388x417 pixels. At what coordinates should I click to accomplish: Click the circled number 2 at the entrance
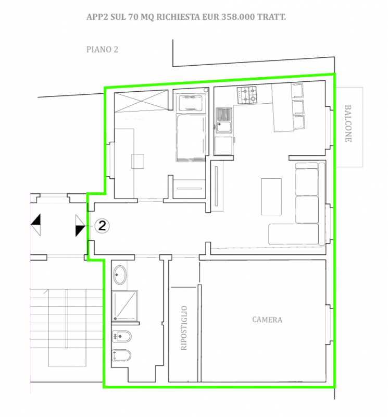pos(102,226)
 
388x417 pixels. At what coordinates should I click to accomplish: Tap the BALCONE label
pos(348,124)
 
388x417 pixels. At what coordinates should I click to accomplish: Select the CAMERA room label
pos(267,320)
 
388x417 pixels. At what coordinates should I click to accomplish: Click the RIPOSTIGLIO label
pos(184,328)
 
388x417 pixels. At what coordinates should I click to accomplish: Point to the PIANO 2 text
pos(102,50)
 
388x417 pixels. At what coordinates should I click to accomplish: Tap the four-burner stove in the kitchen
pos(247,95)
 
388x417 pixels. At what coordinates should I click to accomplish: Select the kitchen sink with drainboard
pos(223,120)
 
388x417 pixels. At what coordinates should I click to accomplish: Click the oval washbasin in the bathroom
pos(120,275)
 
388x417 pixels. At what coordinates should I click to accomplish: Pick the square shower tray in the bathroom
pos(124,305)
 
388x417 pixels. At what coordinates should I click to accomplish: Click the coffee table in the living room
pos(271,197)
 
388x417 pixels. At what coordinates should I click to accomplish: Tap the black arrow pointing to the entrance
pos(80,226)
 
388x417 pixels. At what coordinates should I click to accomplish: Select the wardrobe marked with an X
pos(141,101)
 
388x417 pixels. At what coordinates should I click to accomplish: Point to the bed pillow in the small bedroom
pos(191,103)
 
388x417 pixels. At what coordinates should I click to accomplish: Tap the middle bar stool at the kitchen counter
pos(298,107)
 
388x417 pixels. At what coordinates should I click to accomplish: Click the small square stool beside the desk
pos(137,162)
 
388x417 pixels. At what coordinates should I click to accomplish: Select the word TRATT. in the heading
pos(272,17)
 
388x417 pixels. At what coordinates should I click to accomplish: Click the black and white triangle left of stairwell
pos(36,225)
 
